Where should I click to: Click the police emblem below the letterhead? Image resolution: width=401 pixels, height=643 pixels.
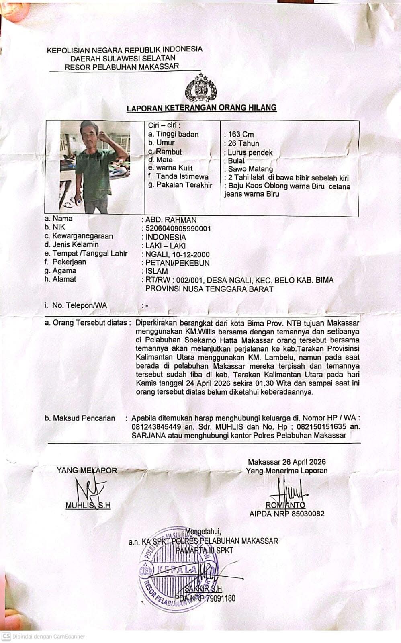(x=200, y=89)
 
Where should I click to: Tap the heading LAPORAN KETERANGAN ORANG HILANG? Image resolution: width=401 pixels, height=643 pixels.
(x=202, y=108)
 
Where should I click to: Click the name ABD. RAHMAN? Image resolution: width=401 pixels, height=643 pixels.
(x=171, y=220)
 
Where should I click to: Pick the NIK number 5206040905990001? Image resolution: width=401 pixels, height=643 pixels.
(x=178, y=229)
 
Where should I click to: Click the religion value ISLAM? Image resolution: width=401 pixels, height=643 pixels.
(x=156, y=271)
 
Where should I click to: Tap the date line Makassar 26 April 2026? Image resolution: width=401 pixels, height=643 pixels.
(x=286, y=462)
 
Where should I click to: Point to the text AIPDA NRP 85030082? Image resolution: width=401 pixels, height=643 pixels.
(x=286, y=514)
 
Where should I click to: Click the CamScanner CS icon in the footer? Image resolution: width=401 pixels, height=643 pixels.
(x=6, y=637)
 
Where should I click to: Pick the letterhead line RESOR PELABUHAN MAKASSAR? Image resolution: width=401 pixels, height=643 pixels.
(x=122, y=67)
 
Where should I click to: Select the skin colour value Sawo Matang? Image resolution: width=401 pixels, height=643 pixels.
(x=250, y=169)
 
